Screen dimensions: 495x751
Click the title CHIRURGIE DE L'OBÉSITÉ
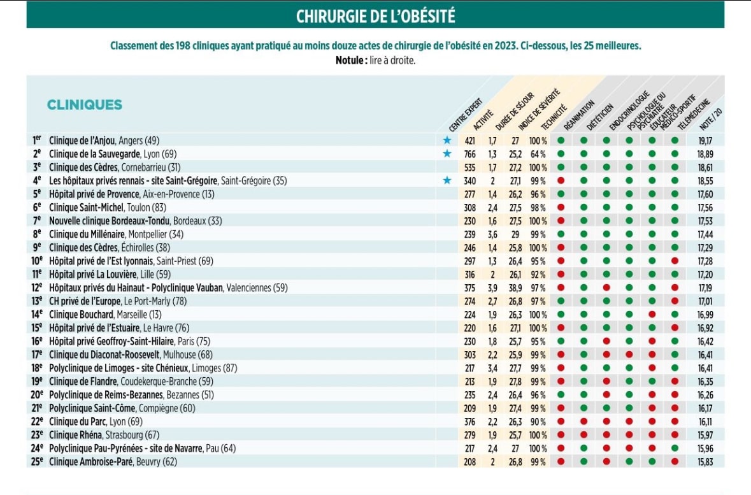tap(375, 15)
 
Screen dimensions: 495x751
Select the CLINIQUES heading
tap(84, 105)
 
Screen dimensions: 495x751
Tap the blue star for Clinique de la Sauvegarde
tap(447, 154)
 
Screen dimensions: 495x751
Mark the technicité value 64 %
tap(538, 154)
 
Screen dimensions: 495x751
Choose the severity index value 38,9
tap(515, 288)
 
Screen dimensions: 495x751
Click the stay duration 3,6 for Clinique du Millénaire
tap(493, 234)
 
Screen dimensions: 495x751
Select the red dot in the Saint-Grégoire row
tap(561, 180)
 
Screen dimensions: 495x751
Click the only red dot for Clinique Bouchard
tap(652, 315)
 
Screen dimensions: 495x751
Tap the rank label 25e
tap(37, 462)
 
